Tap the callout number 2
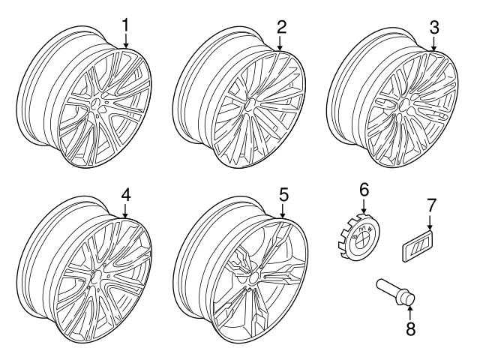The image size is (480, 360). coord(281,27)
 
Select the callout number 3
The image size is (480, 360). coord(434,28)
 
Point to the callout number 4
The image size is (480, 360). coord(126,194)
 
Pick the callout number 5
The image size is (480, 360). coord(283,194)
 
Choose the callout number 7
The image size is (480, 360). coord(430,204)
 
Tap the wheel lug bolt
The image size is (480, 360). coord(397,293)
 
